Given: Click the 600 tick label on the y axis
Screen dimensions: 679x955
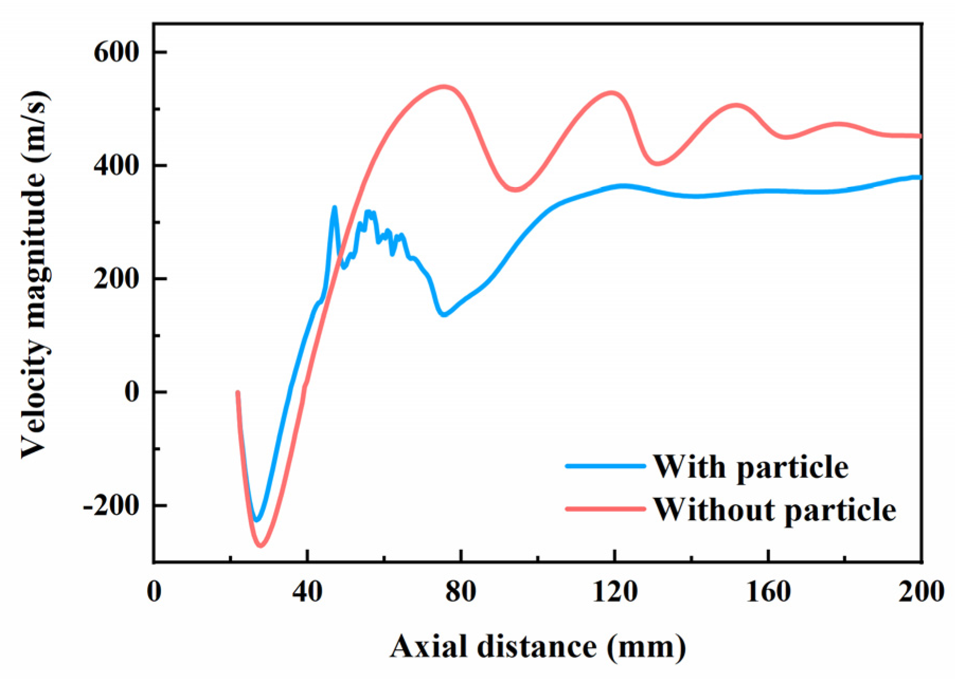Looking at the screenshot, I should point(116,52).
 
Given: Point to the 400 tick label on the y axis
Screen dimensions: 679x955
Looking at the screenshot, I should point(116,165).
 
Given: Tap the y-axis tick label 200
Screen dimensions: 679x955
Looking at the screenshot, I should point(116,279).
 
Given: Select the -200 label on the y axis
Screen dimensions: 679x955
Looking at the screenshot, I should point(111,506).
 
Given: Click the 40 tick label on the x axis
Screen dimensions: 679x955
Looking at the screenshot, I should point(307,591).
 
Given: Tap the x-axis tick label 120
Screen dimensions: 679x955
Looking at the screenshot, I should point(614,591).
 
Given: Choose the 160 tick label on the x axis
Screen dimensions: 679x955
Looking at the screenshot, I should point(768,591).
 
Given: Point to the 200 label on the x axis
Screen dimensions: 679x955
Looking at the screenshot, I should point(921,591).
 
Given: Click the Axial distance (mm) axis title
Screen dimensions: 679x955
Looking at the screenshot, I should point(538,647).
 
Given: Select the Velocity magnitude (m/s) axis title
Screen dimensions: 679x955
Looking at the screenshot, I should point(35,275).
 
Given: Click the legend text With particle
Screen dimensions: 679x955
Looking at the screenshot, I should point(750,467).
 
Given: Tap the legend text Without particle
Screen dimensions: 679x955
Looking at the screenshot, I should point(774,510).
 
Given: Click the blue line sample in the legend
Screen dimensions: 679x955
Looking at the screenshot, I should point(606,467).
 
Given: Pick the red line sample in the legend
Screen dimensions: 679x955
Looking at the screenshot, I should point(606,509).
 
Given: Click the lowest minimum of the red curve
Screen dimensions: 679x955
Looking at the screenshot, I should point(260,545).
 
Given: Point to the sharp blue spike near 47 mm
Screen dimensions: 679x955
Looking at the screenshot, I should point(334,208).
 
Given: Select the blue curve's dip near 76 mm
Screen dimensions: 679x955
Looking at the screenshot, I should point(444,315).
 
